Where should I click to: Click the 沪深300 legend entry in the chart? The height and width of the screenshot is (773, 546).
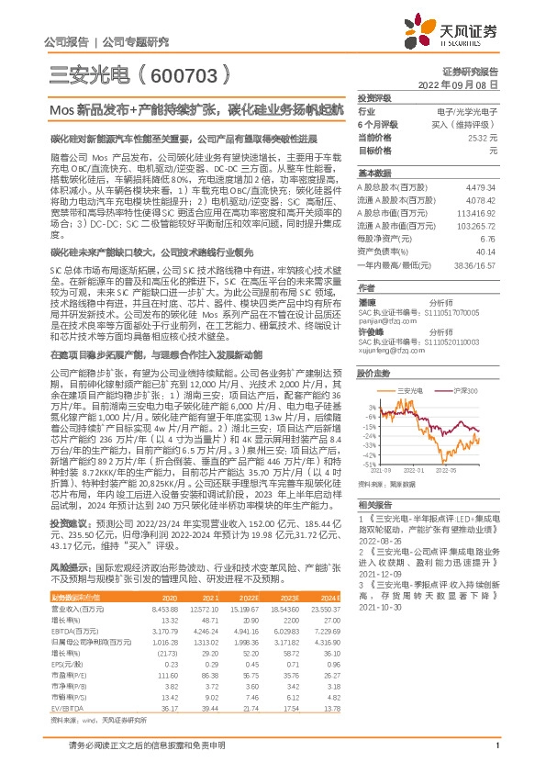pos(467,391)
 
